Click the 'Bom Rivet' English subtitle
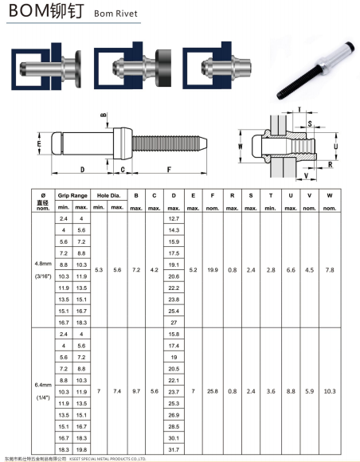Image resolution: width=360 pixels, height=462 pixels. pos(115,14)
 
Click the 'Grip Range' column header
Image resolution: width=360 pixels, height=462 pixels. pos(72,195)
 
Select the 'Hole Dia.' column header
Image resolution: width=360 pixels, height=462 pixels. pos(108,195)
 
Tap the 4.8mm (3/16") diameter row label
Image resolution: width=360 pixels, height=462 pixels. pos(43,270)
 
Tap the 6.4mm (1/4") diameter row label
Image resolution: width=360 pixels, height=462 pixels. pos(43,391)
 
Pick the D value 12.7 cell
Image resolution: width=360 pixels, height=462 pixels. pos(174,218)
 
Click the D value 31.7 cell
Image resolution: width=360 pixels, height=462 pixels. pos(174,449)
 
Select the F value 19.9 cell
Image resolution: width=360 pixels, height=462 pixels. pos(213,270)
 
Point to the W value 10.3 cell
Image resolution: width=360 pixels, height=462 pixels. pos(330,391)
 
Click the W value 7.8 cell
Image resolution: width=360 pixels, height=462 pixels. pos(330,270)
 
